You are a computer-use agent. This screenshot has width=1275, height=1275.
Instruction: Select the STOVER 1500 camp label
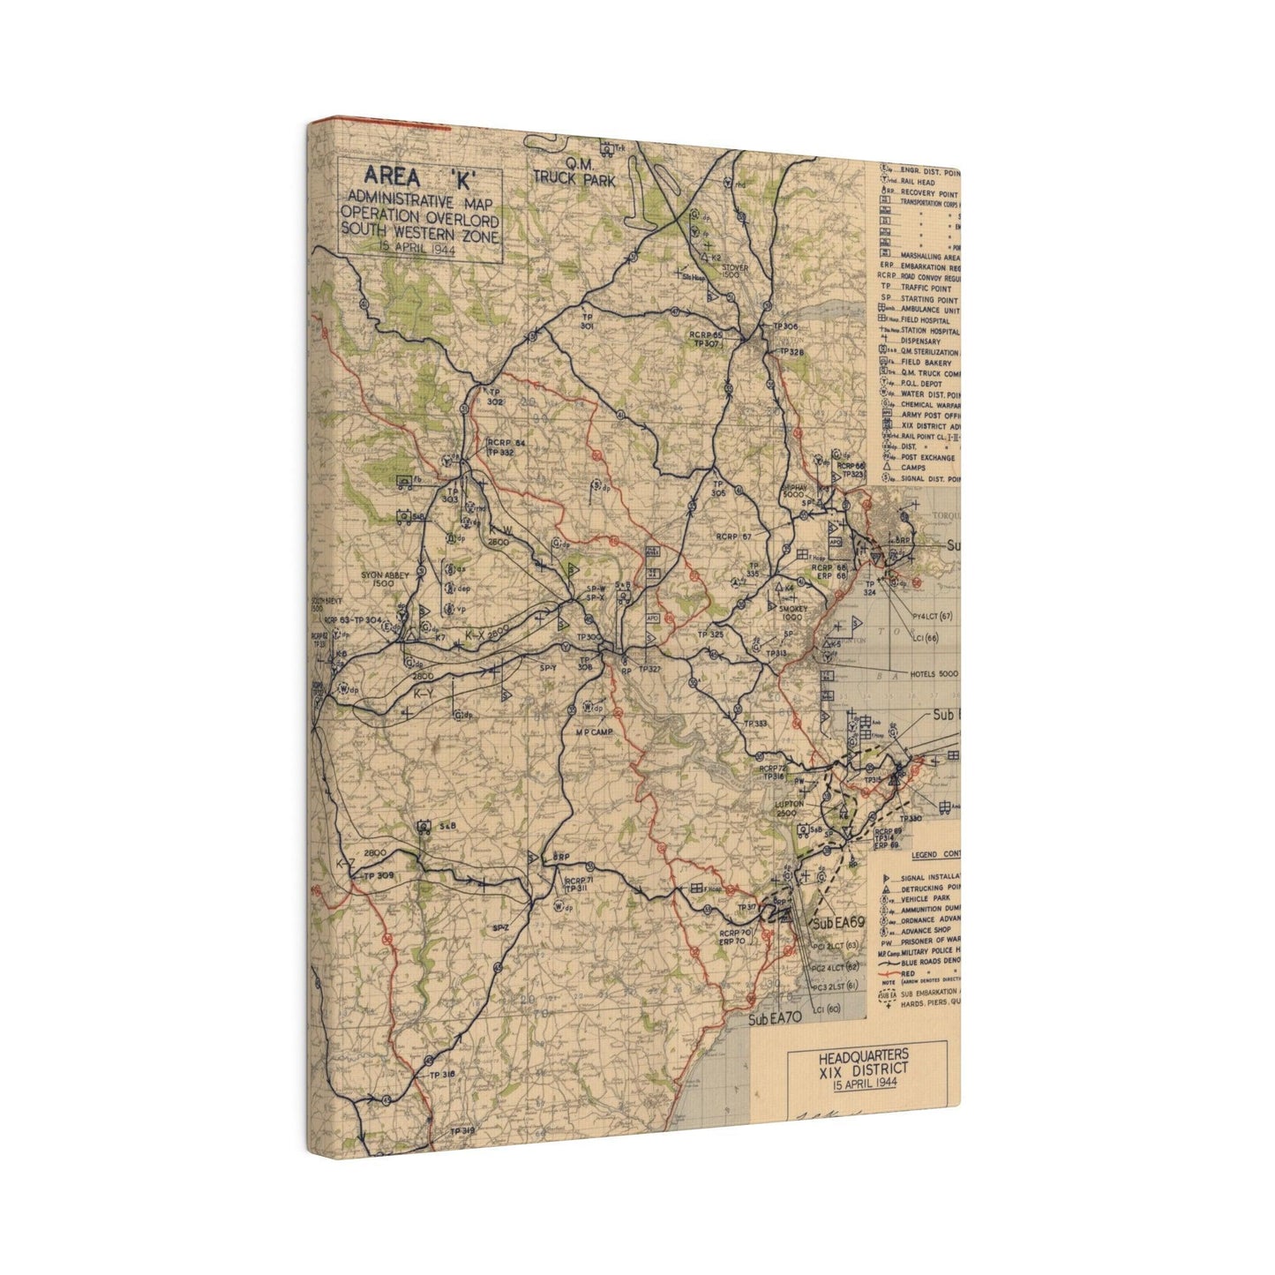pyautogui.click(x=734, y=269)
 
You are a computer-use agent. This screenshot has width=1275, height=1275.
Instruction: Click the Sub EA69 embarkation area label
pyautogui.click(x=838, y=922)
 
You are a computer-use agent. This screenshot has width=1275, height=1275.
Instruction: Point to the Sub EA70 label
pyautogui.click(x=774, y=1020)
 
